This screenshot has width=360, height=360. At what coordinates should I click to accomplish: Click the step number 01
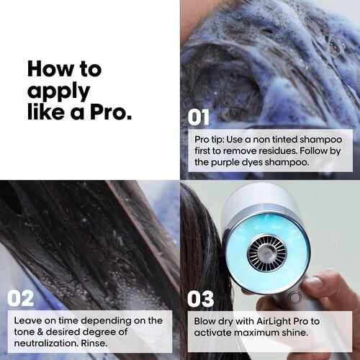[199, 117]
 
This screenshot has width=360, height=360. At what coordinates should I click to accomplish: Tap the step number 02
[21, 297]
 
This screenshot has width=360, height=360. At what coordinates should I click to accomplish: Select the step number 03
[202, 297]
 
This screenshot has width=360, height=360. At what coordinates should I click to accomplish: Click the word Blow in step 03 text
[206, 320]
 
